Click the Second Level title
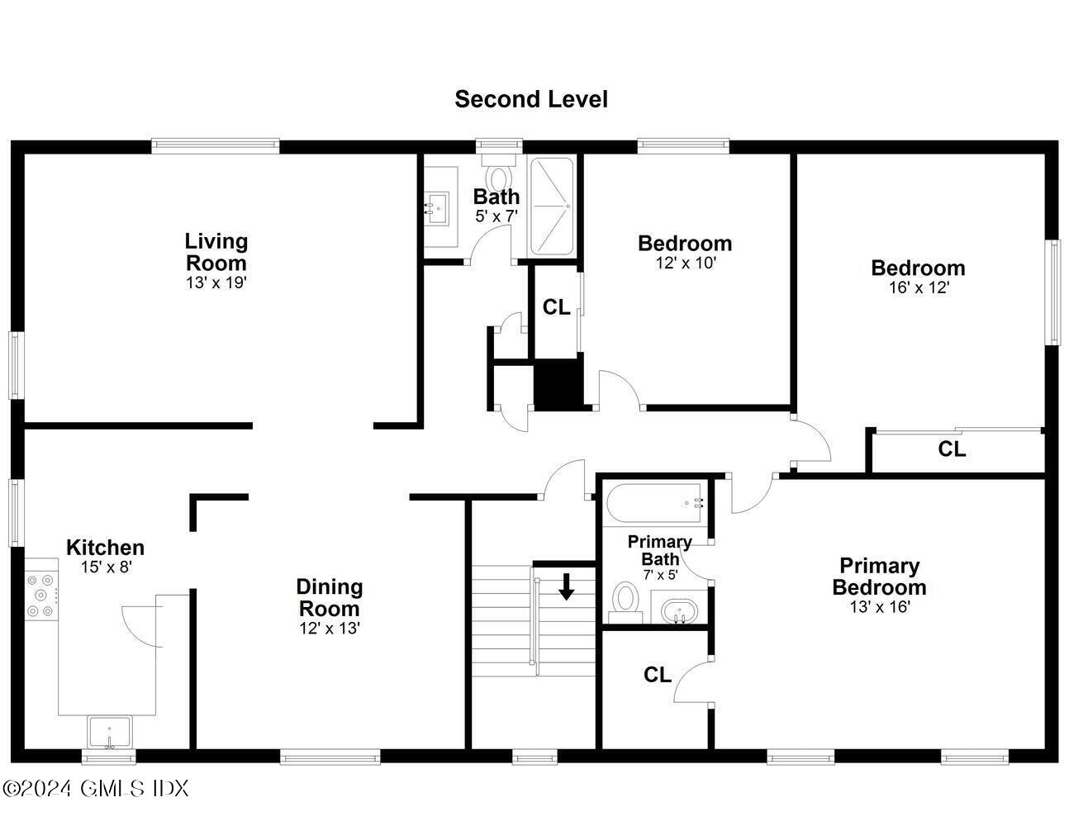pyautogui.click(x=530, y=99)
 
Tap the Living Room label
pyautogui.click(x=216, y=252)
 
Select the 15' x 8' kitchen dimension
pyautogui.click(x=106, y=567)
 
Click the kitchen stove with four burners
pyautogui.click(x=40, y=595)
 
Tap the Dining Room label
pyautogui.click(x=329, y=597)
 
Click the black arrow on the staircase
pyautogui.click(x=566, y=586)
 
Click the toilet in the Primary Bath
pyautogui.click(x=625, y=601)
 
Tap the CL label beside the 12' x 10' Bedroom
pyautogui.click(x=556, y=307)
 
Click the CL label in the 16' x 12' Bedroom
pyautogui.click(x=952, y=449)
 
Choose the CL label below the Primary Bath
pyautogui.click(x=657, y=675)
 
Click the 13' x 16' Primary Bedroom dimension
pyautogui.click(x=880, y=607)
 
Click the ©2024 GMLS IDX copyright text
pyautogui.click(x=96, y=788)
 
